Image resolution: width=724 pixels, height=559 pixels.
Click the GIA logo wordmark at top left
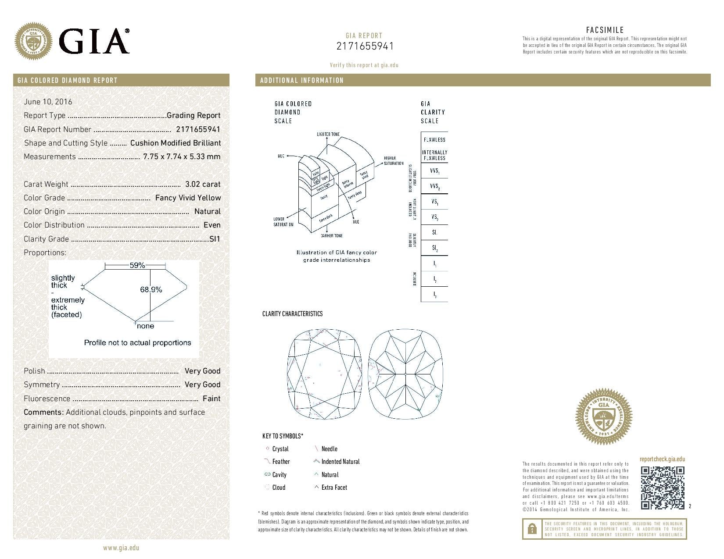tap(93, 41)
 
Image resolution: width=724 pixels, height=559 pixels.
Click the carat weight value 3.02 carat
tap(203, 184)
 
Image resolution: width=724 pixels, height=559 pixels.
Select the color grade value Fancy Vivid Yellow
tap(188, 198)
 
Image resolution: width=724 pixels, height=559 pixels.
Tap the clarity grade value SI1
tap(215, 239)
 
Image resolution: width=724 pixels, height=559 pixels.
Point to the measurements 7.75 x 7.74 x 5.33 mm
tap(182, 157)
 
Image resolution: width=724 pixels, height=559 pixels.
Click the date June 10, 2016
tap(48, 102)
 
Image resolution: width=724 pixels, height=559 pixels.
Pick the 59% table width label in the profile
tap(137, 265)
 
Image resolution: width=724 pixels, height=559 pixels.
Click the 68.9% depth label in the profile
tap(151, 289)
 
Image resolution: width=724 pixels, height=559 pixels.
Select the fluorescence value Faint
tap(211, 399)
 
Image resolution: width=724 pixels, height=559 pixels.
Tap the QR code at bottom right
tap(662, 488)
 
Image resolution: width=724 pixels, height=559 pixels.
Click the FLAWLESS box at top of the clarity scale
tap(434, 139)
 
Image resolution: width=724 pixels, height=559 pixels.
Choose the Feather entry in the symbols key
tap(281, 462)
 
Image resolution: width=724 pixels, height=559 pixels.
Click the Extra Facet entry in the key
tap(334, 488)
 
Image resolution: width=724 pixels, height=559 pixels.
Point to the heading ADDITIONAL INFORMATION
tap(302, 80)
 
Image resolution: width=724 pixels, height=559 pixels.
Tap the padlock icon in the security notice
tap(531, 529)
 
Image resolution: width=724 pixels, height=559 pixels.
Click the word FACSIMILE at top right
tap(605, 30)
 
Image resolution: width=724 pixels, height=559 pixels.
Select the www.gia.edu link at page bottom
tap(121, 548)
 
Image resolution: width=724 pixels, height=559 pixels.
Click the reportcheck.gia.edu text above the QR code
tap(662, 459)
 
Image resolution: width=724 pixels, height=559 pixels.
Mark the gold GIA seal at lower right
tap(603, 417)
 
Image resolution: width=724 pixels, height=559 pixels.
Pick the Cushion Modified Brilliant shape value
tap(176, 143)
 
